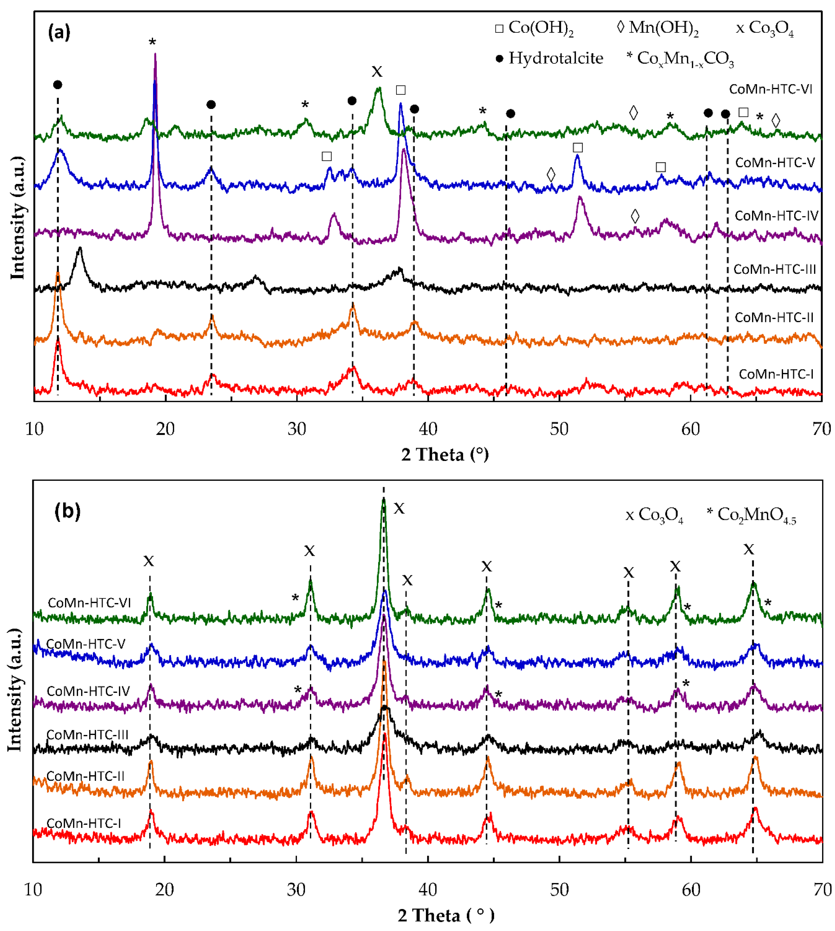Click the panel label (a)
tap(59, 32)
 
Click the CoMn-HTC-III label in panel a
tap(775, 269)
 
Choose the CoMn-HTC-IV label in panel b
tap(88, 691)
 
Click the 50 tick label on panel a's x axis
tap(559, 429)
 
